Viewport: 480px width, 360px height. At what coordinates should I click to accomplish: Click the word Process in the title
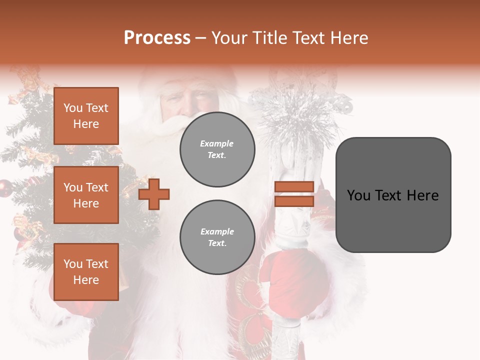click(x=157, y=38)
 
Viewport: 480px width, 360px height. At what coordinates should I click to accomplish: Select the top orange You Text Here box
click(x=86, y=116)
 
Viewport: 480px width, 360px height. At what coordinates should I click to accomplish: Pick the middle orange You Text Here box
click(x=86, y=195)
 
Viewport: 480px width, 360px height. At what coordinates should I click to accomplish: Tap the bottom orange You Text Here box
click(x=86, y=272)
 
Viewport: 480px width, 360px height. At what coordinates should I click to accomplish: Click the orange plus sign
click(x=154, y=193)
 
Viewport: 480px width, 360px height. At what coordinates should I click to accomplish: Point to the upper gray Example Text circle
click(x=217, y=149)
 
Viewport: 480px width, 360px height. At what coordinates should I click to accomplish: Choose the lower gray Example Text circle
click(x=217, y=237)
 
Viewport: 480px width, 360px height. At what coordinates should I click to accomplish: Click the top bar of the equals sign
click(x=294, y=186)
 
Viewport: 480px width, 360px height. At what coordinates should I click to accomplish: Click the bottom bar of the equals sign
click(x=294, y=201)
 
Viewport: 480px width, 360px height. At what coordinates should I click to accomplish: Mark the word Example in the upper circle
click(x=217, y=143)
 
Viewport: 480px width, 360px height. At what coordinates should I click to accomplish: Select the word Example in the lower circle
click(x=217, y=231)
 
